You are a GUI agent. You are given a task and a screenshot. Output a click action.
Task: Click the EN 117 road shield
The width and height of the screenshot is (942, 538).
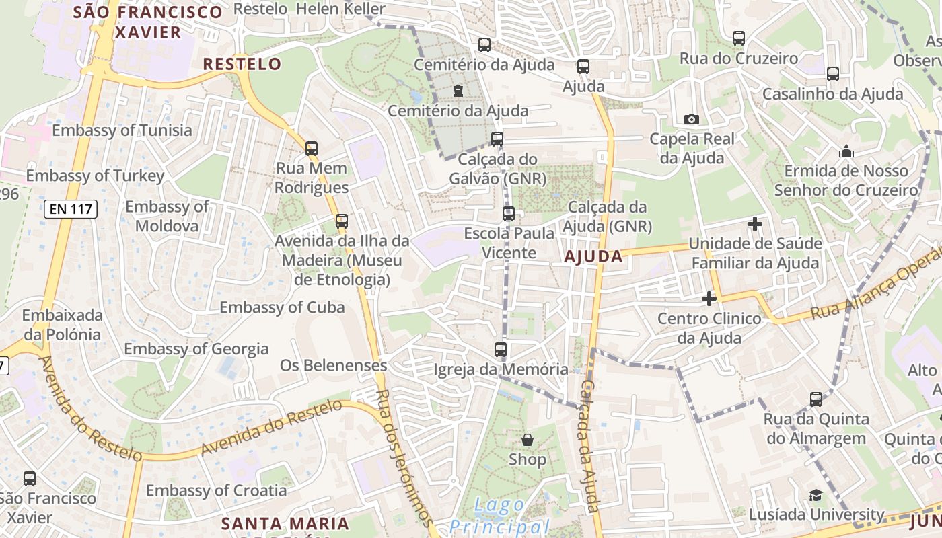click(71, 208)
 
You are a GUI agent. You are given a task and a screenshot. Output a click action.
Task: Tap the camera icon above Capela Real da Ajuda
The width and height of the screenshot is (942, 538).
click(691, 119)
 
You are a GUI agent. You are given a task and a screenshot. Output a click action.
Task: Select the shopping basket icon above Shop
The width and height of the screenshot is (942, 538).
click(528, 440)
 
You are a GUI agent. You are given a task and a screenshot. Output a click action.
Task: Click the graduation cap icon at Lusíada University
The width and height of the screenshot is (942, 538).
click(816, 496)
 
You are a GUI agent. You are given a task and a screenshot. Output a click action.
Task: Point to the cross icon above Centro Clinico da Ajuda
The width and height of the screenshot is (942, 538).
click(709, 298)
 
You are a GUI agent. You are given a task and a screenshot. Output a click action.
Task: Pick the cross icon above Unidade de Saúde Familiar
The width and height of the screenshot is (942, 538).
click(755, 223)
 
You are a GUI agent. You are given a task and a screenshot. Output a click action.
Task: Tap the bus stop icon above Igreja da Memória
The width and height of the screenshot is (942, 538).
click(500, 349)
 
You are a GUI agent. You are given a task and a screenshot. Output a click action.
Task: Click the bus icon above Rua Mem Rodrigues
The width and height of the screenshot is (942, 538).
click(311, 148)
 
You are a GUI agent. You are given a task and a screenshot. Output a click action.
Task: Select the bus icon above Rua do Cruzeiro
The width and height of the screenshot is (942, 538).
click(738, 38)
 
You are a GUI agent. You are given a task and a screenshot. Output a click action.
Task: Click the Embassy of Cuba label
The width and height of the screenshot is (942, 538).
click(282, 307)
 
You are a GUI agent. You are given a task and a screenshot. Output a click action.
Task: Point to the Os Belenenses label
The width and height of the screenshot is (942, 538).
click(333, 365)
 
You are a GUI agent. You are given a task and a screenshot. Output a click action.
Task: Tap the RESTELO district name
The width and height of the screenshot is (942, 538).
click(242, 64)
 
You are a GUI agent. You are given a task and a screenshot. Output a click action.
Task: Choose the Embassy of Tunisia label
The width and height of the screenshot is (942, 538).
click(122, 130)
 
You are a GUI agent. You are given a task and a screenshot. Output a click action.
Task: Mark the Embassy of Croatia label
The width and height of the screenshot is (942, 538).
click(216, 490)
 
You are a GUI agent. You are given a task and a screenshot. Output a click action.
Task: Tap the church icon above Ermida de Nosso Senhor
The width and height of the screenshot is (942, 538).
click(846, 152)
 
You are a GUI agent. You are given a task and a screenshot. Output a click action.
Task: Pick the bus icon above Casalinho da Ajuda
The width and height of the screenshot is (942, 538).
click(833, 74)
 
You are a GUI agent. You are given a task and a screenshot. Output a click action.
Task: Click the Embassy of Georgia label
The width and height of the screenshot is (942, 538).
click(196, 349)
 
